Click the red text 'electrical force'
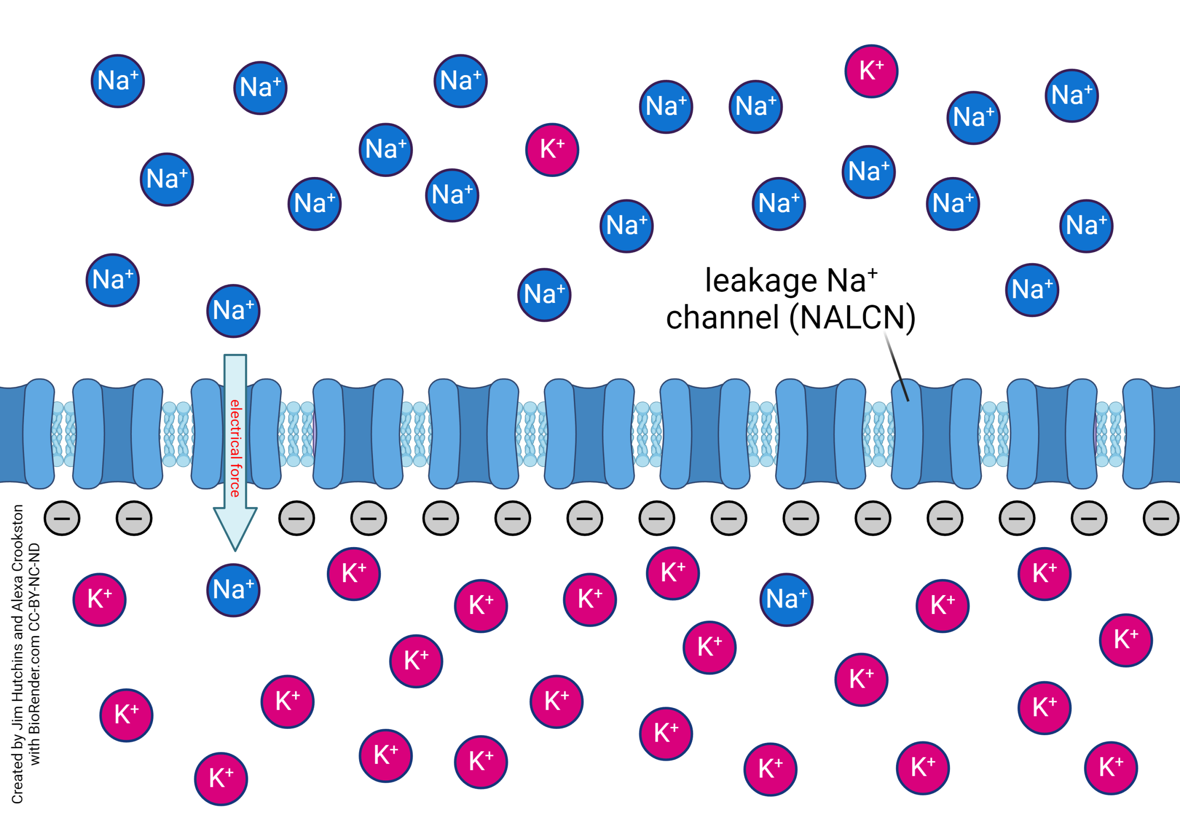pyautogui.click(x=235, y=448)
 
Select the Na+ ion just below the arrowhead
pyautogui.click(x=233, y=590)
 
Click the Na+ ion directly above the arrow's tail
pyautogui.click(x=233, y=311)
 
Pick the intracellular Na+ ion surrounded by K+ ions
pyautogui.click(x=786, y=600)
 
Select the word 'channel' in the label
pyautogui.click(x=723, y=318)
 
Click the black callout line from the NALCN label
pyautogui.click(x=897, y=367)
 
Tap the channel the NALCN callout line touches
pyautogui.click(x=935, y=434)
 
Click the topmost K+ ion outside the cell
pyautogui.click(x=871, y=71)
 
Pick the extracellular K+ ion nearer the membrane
pyautogui.click(x=552, y=150)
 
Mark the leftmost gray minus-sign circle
pyautogui.click(x=62, y=518)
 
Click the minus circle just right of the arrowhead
pyautogui.click(x=296, y=518)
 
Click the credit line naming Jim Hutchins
pyautogui.click(x=18, y=653)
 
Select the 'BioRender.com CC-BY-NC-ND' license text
pyautogui.click(x=35, y=653)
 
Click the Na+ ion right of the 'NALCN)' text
pyautogui.click(x=1032, y=290)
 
